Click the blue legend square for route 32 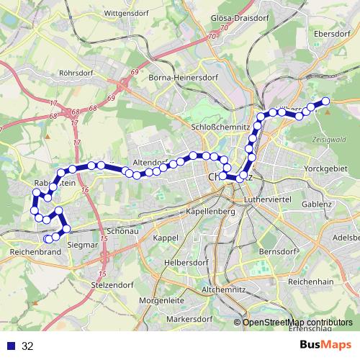point(10,346)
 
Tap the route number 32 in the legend point(27,346)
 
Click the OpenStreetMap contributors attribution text point(297,323)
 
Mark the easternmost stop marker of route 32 point(325,102)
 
